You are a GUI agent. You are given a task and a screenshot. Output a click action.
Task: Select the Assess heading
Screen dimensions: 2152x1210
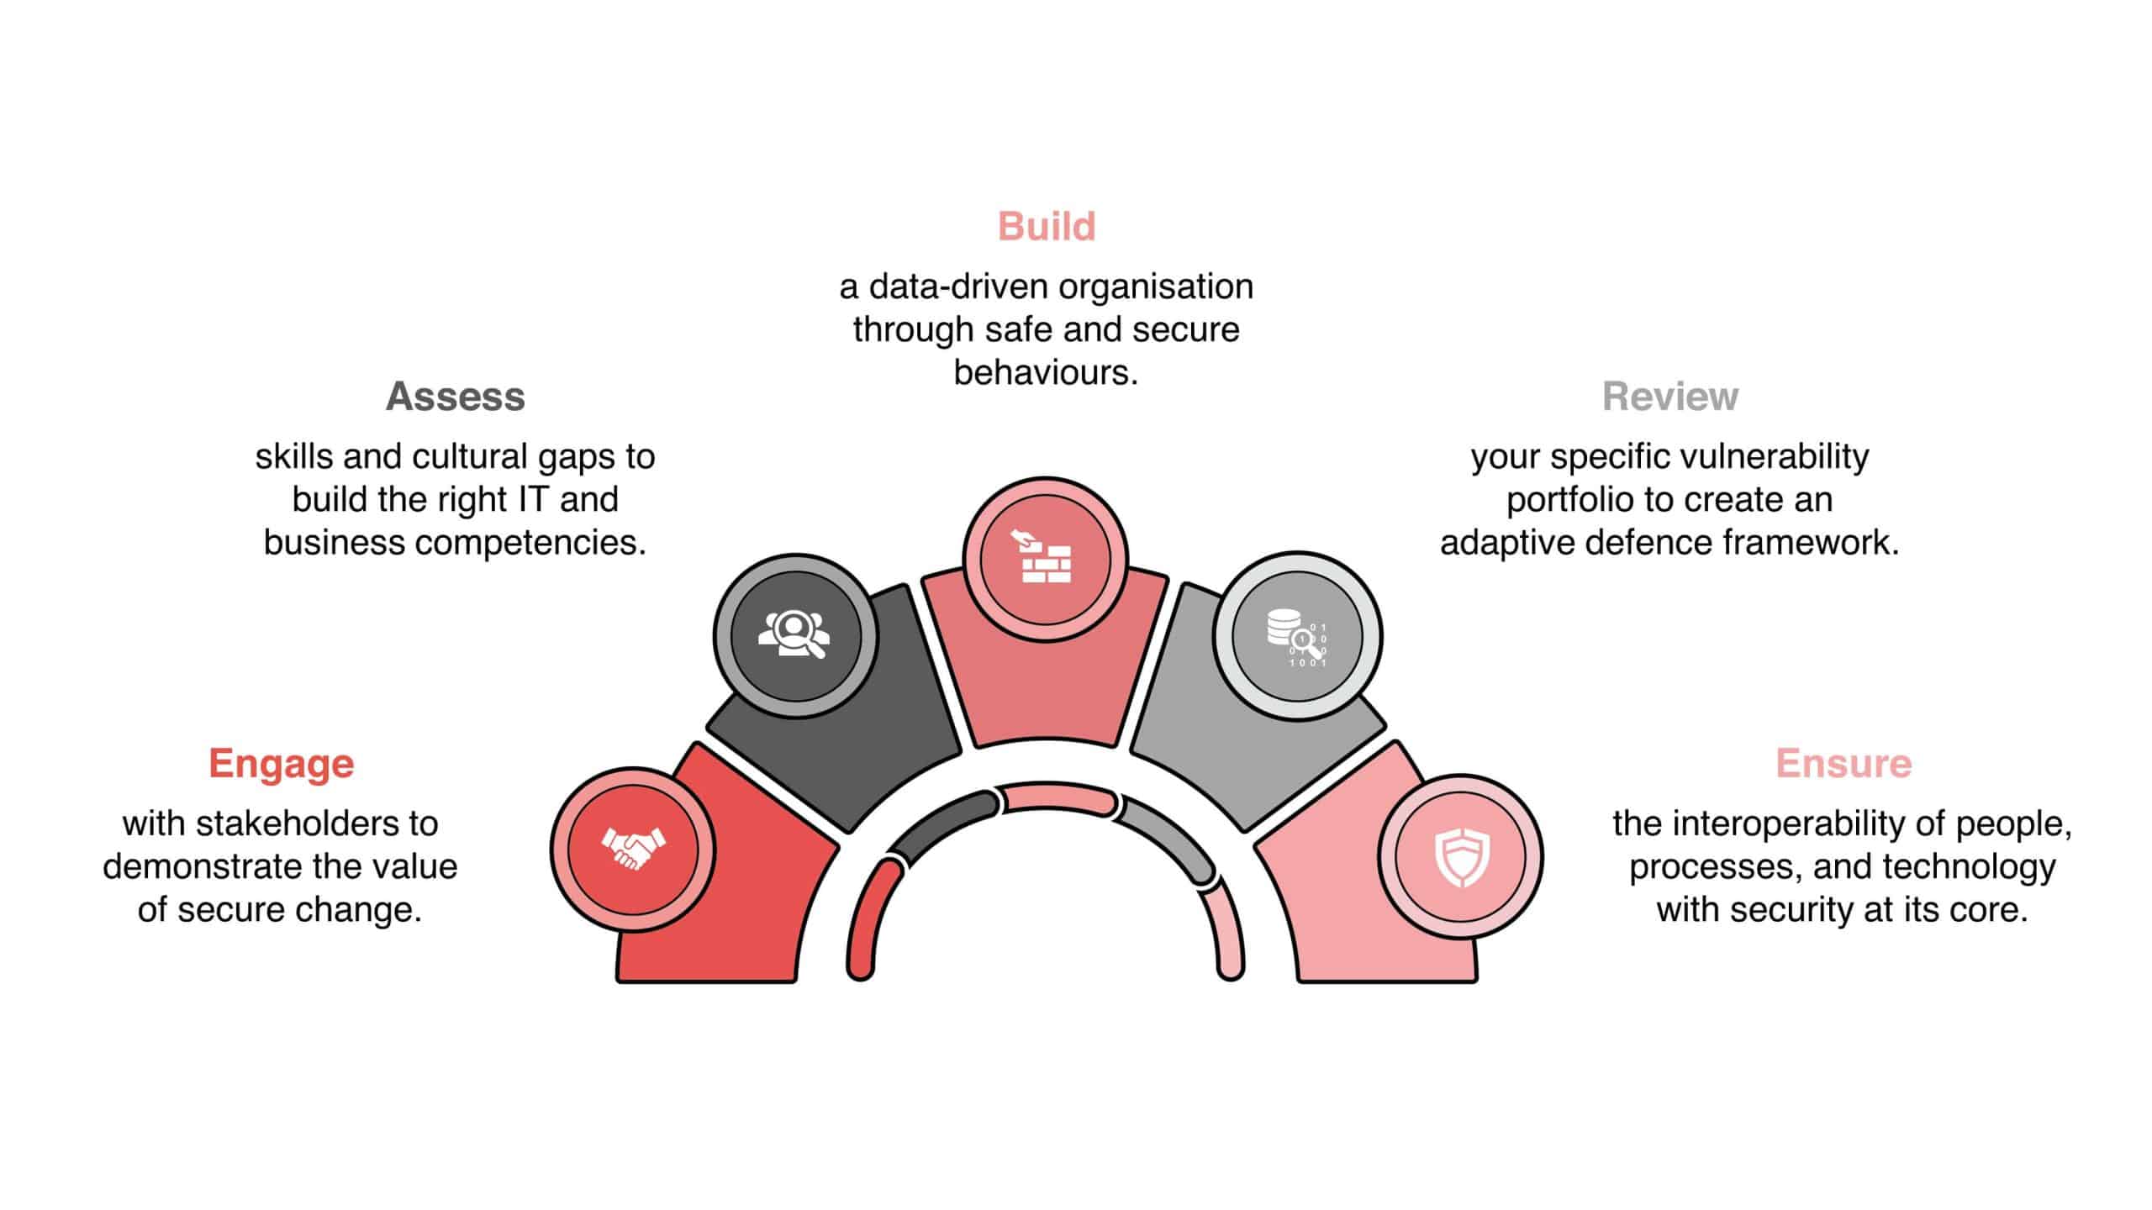click(456, 397)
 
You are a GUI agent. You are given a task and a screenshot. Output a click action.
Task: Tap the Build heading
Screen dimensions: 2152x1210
click(1047, 227)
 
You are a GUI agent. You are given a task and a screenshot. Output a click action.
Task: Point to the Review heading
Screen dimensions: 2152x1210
click(1670, 397)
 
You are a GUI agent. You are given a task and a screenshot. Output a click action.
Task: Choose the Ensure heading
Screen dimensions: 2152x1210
click(1843, 764)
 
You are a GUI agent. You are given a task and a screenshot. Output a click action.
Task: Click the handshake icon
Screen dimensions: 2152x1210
click(633, 849)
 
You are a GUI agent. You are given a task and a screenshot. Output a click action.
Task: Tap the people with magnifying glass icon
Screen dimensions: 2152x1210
click(794, 634)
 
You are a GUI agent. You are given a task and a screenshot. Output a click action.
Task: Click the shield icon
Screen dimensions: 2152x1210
click(1461, 857)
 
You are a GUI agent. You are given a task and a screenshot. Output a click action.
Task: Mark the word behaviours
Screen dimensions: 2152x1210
click(1047, 372)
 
